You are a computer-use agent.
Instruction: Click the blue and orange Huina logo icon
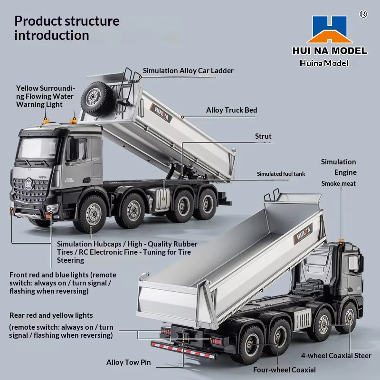click(330, 29)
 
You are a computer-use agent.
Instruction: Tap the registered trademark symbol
click(363, 14)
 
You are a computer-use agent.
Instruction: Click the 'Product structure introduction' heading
click(67, 28)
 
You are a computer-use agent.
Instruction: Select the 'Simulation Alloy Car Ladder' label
click(188, 70)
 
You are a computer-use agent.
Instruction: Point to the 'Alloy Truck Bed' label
click(231, 110)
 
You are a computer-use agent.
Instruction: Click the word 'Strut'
click(263, 136)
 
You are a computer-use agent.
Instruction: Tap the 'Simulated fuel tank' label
click(281, 174)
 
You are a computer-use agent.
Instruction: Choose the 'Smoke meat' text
click(339, 183)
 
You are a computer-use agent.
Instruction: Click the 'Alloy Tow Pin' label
click(128, 362)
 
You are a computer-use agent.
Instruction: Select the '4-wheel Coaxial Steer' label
click(336, 355)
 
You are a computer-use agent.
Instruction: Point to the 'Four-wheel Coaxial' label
click(284, 370)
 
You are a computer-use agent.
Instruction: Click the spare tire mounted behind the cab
click(96, 98)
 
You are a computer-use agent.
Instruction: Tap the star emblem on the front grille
click(29, 184)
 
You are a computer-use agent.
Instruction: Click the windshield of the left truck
click(38, 148)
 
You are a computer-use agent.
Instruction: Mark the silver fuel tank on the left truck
click(162, 199)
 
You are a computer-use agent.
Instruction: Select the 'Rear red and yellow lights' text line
click(51, 315)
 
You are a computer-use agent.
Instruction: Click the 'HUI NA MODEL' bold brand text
click(330, 51)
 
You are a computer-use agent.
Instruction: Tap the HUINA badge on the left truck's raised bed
click(161, 113)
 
